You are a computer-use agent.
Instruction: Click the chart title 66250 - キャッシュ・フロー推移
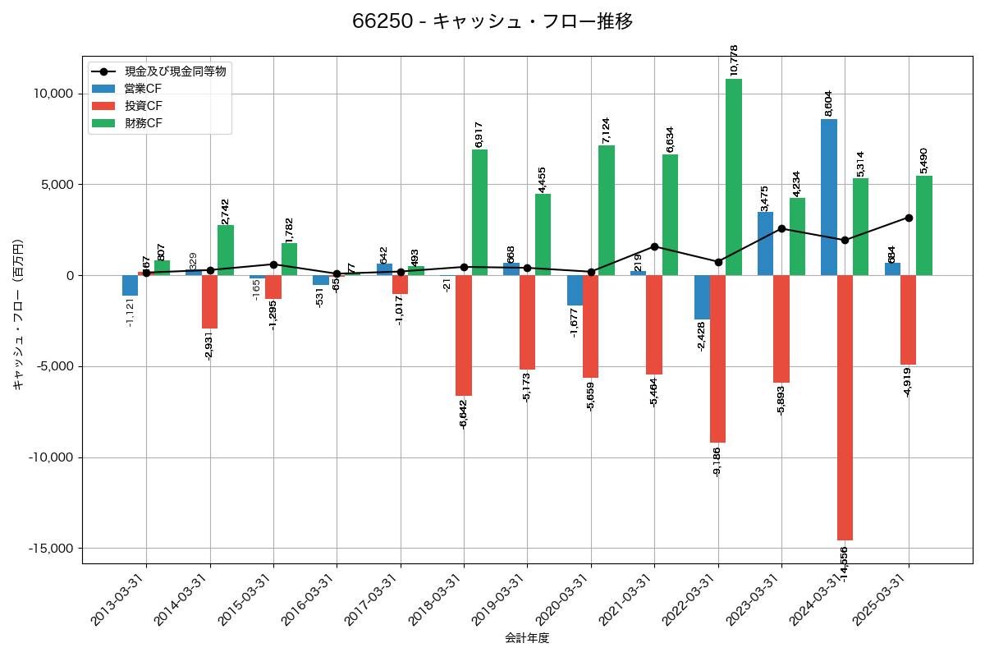pyautogui.click(x=492, y=21)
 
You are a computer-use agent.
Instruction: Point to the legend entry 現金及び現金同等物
pyautogui.click(x=174, y=71)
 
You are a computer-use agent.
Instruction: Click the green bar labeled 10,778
pyautogui.click(x=734, y=177)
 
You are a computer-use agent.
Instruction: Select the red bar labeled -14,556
pyautogui.click(x=845, y=407)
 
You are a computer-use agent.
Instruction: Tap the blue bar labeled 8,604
pyautogui.click(x=829, y=197)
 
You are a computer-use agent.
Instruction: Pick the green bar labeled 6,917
pyautogui.click(x=480, y=212)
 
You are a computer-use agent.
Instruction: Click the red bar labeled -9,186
pyautogui.click(x=718, y=359)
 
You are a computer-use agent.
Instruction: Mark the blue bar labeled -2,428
pyautogui.click(x=702, y=297)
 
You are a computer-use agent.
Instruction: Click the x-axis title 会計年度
pyautogui.click(x=527, y=638)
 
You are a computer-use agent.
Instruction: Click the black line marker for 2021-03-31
pyautogui.click(x=654, y=246)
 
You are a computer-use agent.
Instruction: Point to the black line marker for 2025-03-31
pyautogui.click(x=909, y=218)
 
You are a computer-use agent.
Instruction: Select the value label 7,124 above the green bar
pyautogui.click(x=607, y=131)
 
